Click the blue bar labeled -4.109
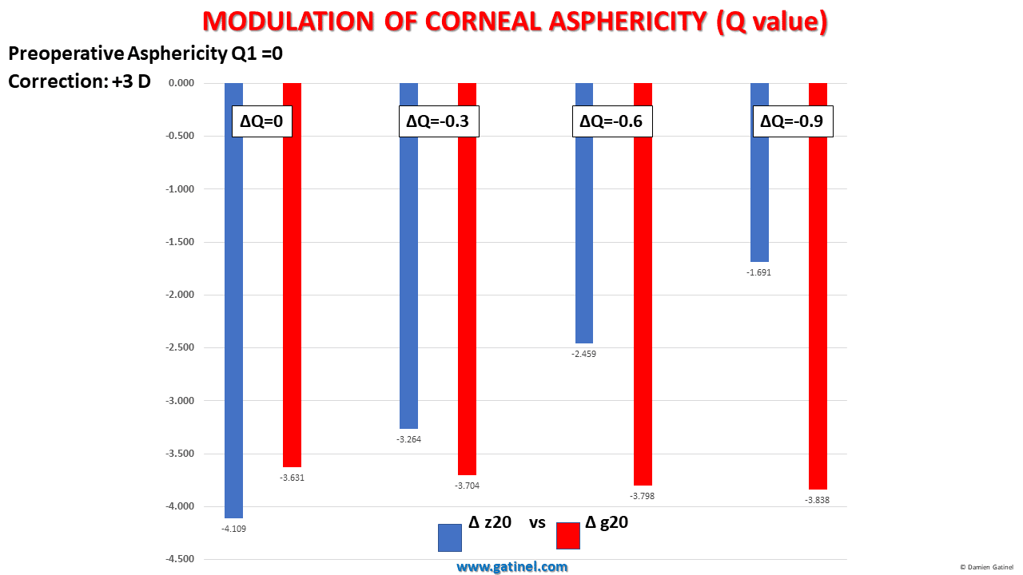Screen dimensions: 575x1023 [x=233, y=319]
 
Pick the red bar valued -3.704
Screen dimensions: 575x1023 [x=467, y=303]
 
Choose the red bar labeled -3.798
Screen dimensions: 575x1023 [x=643, y=303]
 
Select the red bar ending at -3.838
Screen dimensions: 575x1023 [x=818, y=303]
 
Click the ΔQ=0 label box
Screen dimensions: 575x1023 [x=261, y=122]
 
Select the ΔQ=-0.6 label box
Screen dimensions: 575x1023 [x=613, y=122]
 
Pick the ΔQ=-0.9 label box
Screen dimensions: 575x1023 [x=792, y=122]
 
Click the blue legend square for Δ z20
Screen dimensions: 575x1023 [x=450, y=537]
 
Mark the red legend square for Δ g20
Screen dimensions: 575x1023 [x=567, y=536]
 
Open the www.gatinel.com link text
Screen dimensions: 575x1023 [x=512, y=567]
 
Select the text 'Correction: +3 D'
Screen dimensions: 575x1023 [x=79, y=81]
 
